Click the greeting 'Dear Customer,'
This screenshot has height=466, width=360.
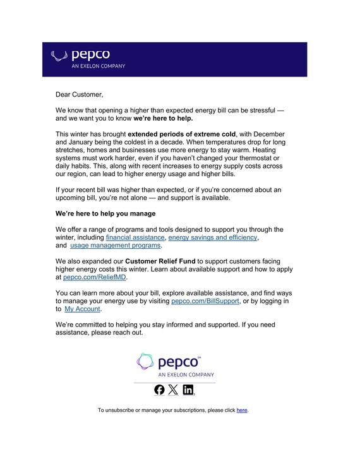click(x=79, y=95)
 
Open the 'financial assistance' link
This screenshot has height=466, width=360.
click(x=135, y=237)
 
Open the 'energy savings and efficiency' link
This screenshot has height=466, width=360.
click(x=213, y=237)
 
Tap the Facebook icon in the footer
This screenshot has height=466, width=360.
click(x=159, y=390)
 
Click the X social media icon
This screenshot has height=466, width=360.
click(x=173, y=390)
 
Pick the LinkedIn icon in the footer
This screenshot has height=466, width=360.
click(x=188, y=390)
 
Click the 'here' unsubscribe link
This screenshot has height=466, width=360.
click(x=242, y=410)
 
